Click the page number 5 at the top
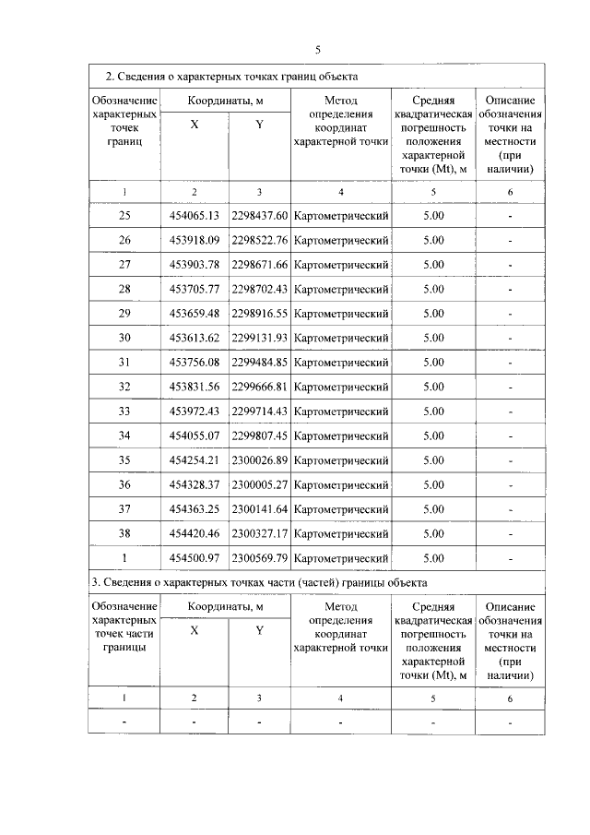tap(317, 50)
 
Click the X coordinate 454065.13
tap(194, 216)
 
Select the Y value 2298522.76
tap(260, 240)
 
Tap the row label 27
tap(124, 265)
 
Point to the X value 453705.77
tap(194, 289)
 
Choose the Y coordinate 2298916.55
tap(260, 314)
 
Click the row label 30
tap(124, 338)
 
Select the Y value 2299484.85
tap(260, 363)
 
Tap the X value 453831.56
tap(194, 387)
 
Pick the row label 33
tap(124, 412)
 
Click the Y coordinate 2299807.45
tap(260, 435)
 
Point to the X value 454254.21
tap(194, 460)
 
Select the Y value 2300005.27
tap(260, 484)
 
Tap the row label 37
tap(124, 509)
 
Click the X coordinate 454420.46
tap(194, 533)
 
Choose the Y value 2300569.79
tap(260, 558)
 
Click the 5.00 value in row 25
tap(433, 216)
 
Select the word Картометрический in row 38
tap(341, 533)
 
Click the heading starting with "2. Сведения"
tap(230, 76)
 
